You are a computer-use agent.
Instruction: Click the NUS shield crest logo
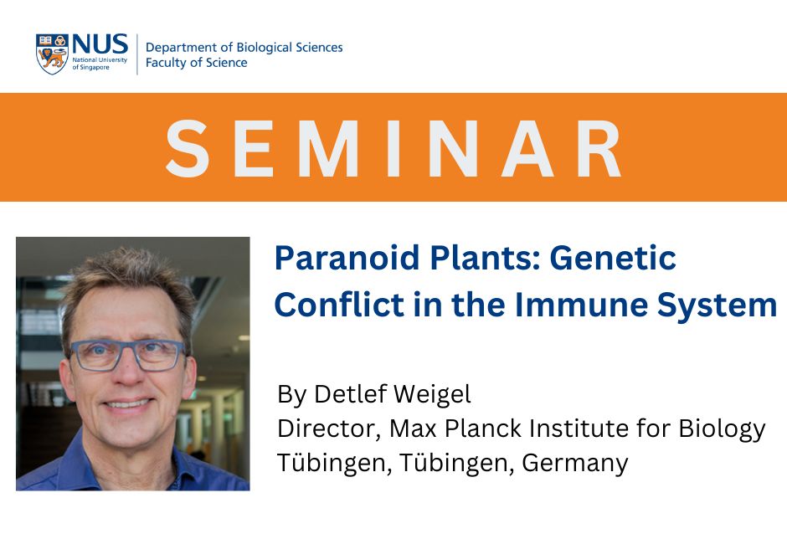click(52, 54)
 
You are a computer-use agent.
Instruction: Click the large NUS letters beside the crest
click(100, 44)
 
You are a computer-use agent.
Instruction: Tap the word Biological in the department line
click(264, 48)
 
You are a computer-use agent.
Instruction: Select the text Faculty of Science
click(196, 62)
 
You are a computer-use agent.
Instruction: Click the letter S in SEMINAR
click(188, 148)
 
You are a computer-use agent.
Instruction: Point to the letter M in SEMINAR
click(329, 148)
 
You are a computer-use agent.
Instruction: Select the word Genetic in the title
click(613, 258)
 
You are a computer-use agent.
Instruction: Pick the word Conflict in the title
click(339, 304)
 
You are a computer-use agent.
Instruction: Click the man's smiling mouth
click(127, 404)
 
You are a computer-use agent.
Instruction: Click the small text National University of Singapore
click(100, 64)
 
